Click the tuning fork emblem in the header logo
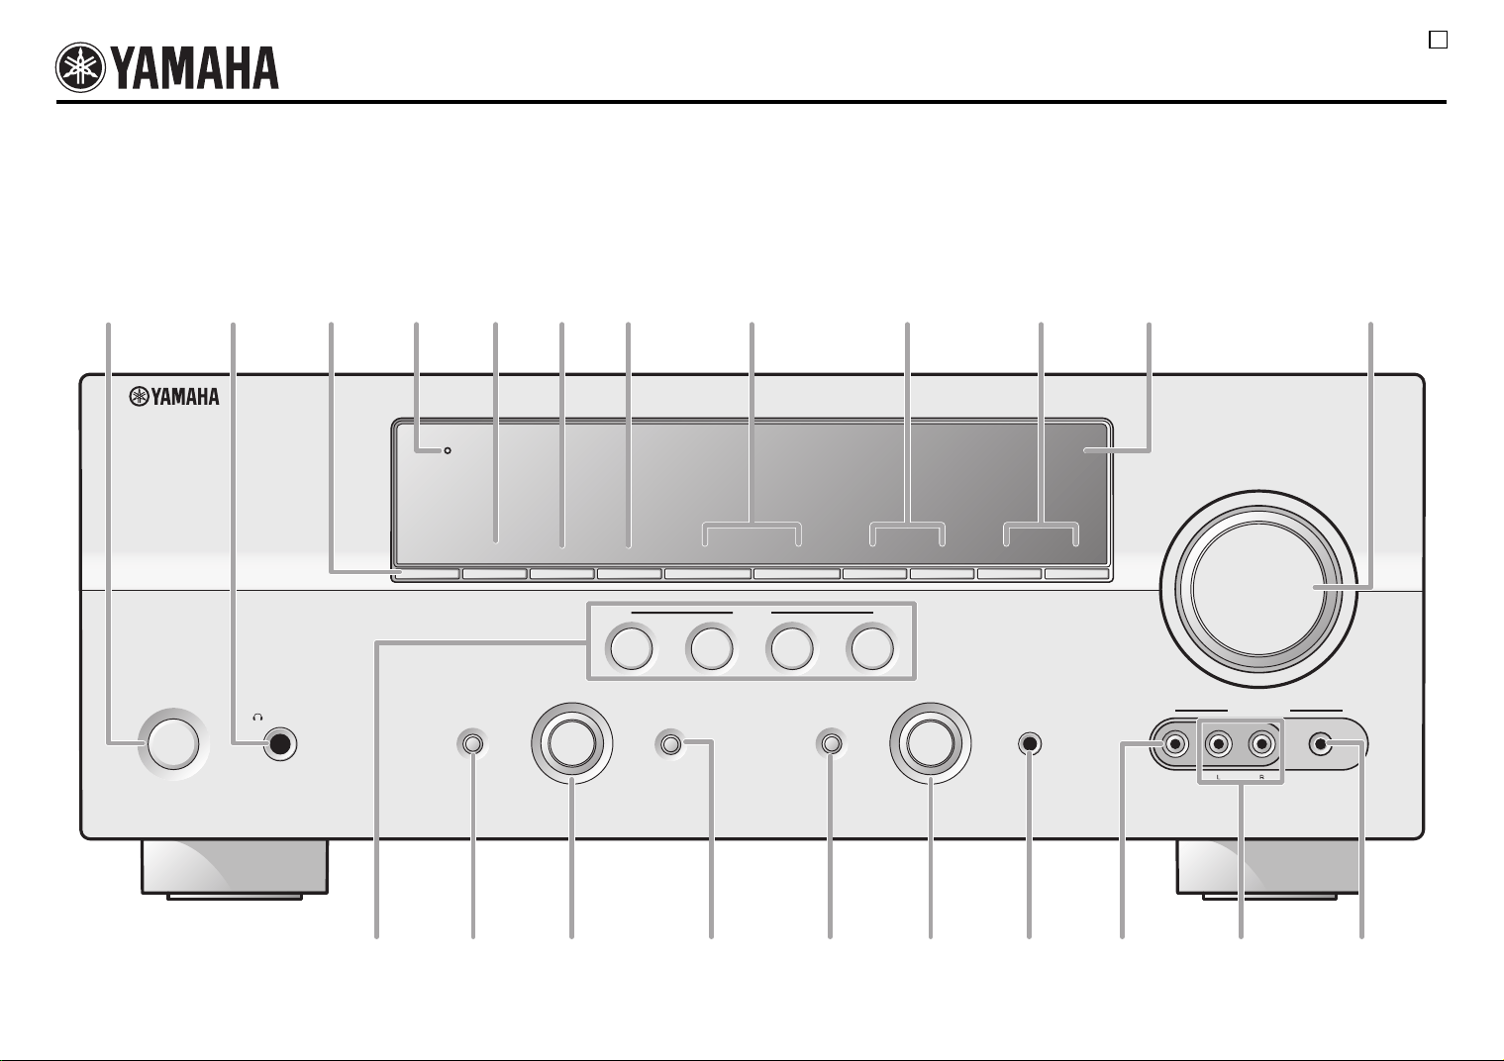click(80, 67)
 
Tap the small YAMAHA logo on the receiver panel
click(174, 397)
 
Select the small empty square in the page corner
click(1438, 40)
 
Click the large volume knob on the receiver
click(1258, 589)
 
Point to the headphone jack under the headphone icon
click(280, 743)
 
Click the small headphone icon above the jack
click(257, 718)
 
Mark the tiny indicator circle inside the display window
click(448, 450)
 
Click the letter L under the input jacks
click(1218, 777)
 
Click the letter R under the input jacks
click(1261, 777)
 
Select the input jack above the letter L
click(1218, 744)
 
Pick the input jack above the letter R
click(1261, 744)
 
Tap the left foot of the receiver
click(235, 869)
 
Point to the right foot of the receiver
click(1267, 869)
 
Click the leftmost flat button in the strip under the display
click(427, 574)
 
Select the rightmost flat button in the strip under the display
click(1076, 574)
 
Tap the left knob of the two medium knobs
click(572, 743)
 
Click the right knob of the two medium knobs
click(931, 743)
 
